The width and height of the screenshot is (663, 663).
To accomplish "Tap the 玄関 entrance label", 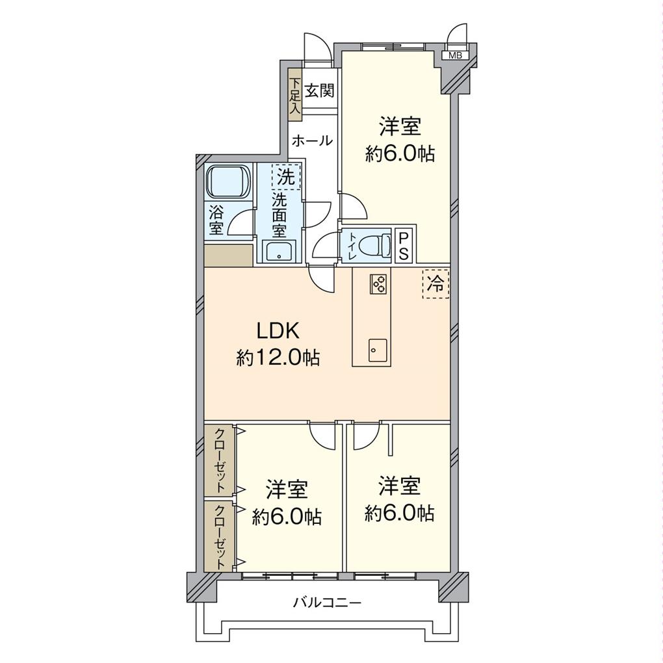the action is (x=320, y=90).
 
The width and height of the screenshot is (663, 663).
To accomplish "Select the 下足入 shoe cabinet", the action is (x=294, y=95).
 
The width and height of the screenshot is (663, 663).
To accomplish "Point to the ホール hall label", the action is (x=313, y=140).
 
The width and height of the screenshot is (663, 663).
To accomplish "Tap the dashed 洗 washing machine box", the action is (x=286, y=177).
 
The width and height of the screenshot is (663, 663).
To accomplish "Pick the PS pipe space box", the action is (x=404, y=246).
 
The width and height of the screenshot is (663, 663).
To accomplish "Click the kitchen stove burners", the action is (x=378, y=283).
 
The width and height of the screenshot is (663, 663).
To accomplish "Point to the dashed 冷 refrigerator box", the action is (x=435, y=284).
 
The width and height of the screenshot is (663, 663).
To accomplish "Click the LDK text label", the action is (x=278, y=331).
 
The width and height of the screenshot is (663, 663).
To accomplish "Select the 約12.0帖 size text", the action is (x=278, y=359).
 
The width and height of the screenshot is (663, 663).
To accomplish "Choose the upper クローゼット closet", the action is (x=219, y=460).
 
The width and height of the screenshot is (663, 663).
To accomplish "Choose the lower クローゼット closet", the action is (x=219, y=536).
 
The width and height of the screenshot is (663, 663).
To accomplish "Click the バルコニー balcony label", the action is (x=328, y=602).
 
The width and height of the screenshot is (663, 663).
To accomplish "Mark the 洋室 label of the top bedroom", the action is (x=400, y=127).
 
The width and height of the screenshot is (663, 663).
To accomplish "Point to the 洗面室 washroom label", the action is (x=279, y=214).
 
